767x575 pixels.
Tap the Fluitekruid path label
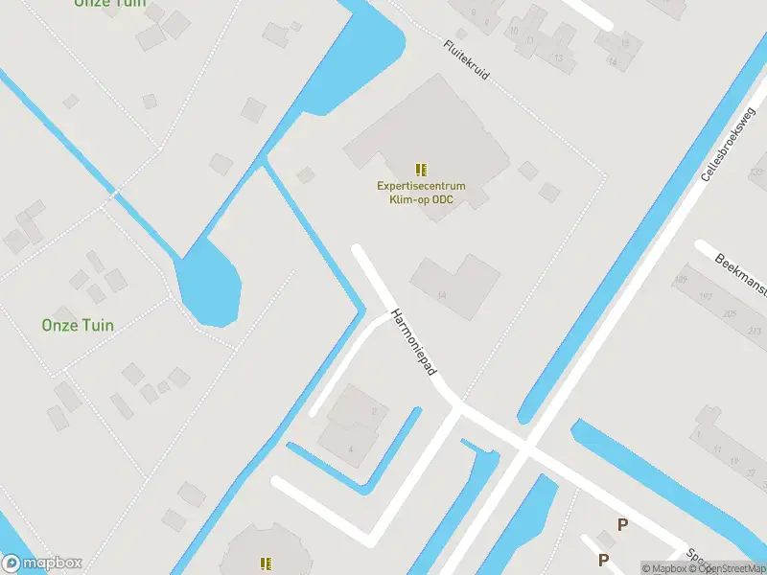coord(466,60)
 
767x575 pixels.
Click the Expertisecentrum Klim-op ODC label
coord(420,193)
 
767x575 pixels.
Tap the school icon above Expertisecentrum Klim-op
coord(420,170)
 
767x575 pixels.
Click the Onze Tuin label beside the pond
coord(78,325)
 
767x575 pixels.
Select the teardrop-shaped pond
coord(207,283)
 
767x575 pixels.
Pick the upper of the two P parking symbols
coord(622,524)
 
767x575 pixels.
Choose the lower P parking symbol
coord(603,560)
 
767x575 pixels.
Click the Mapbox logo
coord(42,563)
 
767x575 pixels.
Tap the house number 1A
coord(442,295)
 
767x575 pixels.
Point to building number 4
coord(352,448)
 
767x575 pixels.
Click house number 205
coord(731,314)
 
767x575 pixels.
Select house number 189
coord(680,280)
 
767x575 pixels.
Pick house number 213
coord(755,332)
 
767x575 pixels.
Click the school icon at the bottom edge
coord(265,563)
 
